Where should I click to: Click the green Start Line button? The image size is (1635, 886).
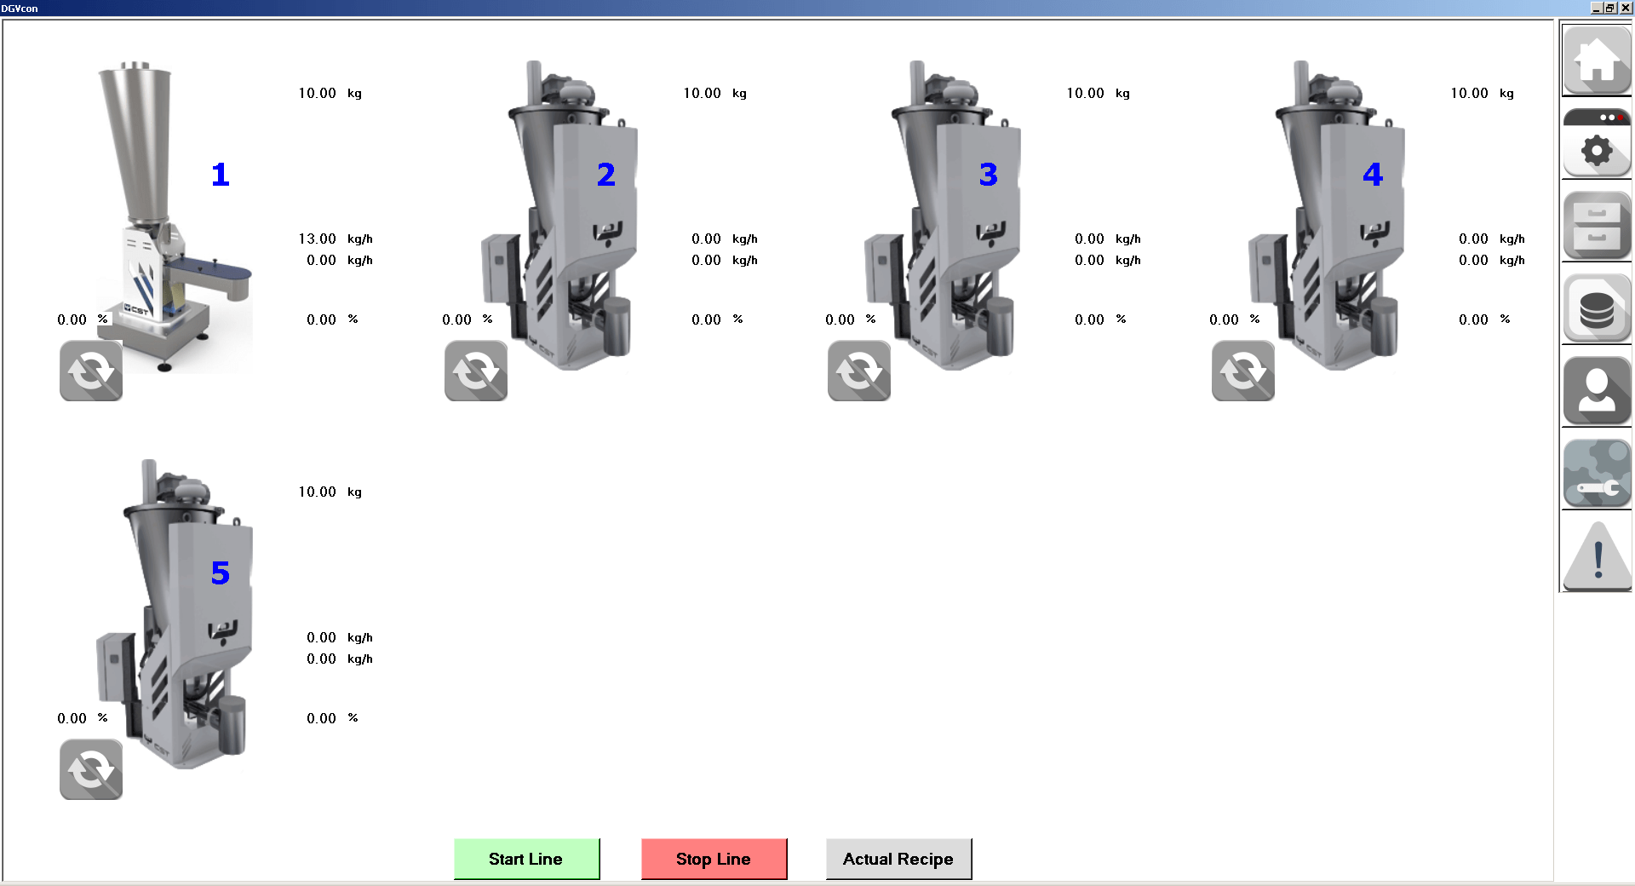[526, 859]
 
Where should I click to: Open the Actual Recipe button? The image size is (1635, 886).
[898, 859]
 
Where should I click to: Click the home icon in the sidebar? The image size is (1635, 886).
[1597, 60]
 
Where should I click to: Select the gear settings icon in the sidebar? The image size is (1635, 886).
[1597, 142]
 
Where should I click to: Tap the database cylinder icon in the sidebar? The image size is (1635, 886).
[1597, 308]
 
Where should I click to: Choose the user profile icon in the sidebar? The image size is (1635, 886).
[1597, 391]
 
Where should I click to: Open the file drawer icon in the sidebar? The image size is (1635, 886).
[1597, 226]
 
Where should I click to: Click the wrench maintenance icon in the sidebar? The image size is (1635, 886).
[1597, 474]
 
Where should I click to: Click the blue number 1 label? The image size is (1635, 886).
[221, 175]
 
